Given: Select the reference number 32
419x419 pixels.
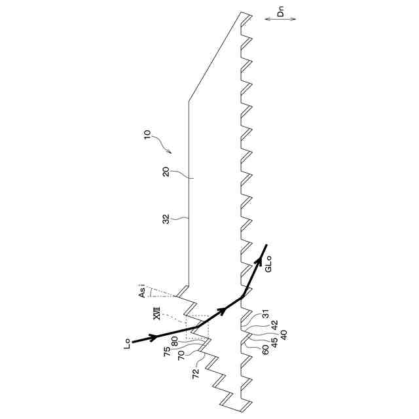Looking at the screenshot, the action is tap(166, 219).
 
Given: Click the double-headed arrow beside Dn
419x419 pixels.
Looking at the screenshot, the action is tap(280, 19).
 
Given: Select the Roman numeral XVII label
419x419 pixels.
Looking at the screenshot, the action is tap(156, 315).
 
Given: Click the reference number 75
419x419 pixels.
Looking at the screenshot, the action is tap(168, 350).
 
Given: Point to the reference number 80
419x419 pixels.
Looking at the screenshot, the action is tap(175, 341).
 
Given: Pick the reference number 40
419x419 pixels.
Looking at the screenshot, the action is tap(283, 333).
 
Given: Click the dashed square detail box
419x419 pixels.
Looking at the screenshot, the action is tap(198, 327).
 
